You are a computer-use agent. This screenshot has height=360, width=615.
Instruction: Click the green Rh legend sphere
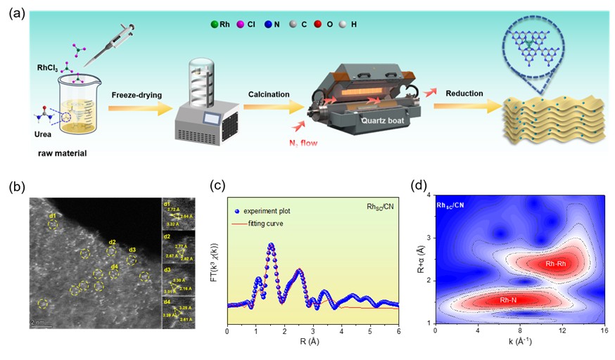click(215, 25)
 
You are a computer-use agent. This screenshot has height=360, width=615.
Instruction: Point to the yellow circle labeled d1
click(53, 224)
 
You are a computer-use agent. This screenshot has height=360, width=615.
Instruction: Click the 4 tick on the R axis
click(341, 330)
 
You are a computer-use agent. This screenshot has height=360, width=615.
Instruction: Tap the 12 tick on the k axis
click(562, 330)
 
